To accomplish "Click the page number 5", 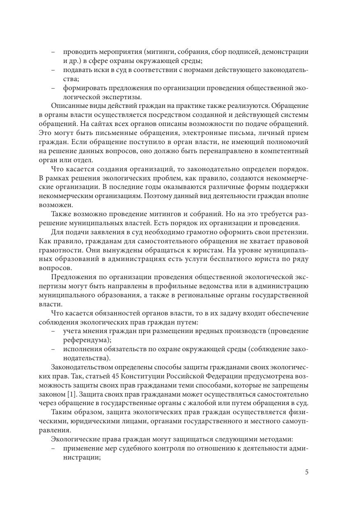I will [307, 472].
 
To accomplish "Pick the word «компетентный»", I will [286, 151].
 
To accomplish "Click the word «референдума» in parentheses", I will [86, 340].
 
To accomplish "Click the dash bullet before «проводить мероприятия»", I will [53, 52].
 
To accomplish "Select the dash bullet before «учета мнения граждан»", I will [53, 331].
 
